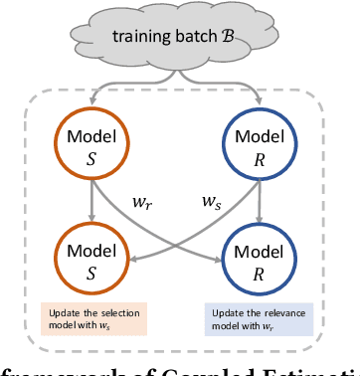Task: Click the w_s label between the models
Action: coord(213,205)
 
